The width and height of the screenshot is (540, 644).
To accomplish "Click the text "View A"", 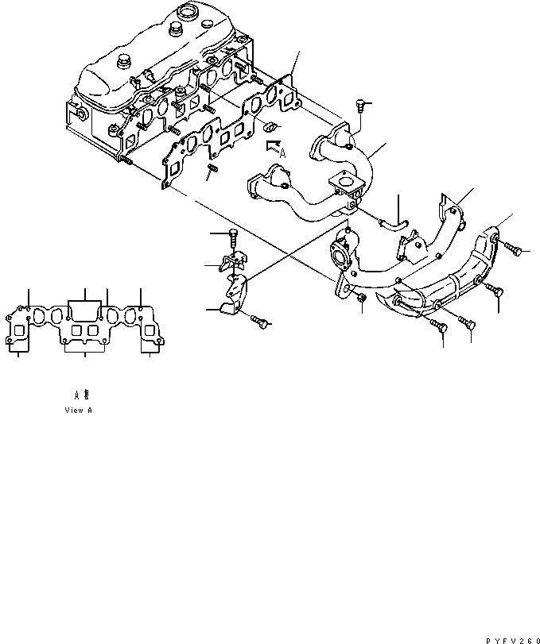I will (79, 411).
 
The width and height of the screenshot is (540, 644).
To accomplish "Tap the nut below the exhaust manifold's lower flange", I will (360, 298).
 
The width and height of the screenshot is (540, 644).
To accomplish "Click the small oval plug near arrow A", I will (270, 125).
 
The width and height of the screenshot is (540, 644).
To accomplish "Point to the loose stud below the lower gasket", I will (212, 171).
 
